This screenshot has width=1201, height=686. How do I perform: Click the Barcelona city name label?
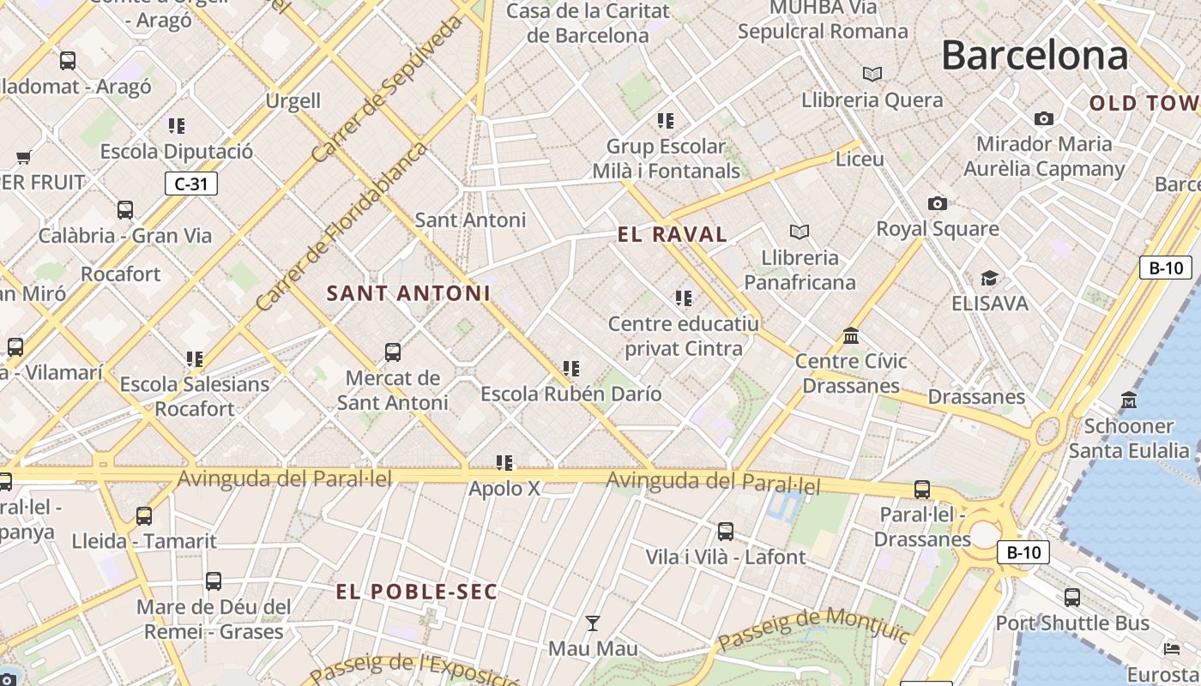pos(1035,56)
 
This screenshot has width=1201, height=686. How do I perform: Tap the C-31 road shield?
pos(191,184)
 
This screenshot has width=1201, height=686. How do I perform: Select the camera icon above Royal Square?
pos(938,203)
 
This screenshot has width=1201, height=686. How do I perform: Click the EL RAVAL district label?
pos(673,234)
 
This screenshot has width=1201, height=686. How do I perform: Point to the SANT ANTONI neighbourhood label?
pos(408,293)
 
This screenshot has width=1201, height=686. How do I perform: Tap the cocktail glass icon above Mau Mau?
pos(593,623)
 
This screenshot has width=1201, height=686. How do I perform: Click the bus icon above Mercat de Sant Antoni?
pos(393,352)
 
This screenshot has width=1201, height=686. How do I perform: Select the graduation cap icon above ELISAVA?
pos(989,278)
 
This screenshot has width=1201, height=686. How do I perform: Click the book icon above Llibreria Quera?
pos(872,75)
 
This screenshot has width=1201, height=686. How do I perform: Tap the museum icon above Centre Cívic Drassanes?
pos(851,335)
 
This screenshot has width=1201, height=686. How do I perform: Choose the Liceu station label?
pos(860,159)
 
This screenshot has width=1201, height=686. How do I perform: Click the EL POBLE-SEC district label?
pos(416,592)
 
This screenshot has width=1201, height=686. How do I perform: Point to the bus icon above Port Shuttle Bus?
pos(1072,598)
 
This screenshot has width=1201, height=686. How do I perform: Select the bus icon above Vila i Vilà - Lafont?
pos(726,532)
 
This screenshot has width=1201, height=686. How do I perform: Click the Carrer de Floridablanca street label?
pos(341,227)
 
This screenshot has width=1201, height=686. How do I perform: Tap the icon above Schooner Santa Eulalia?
pos(1129,400)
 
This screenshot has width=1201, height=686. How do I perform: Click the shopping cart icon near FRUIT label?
pos(24,158)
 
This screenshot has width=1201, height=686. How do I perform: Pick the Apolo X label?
pos(504,489)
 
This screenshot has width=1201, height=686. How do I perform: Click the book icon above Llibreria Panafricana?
pos(800,232)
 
